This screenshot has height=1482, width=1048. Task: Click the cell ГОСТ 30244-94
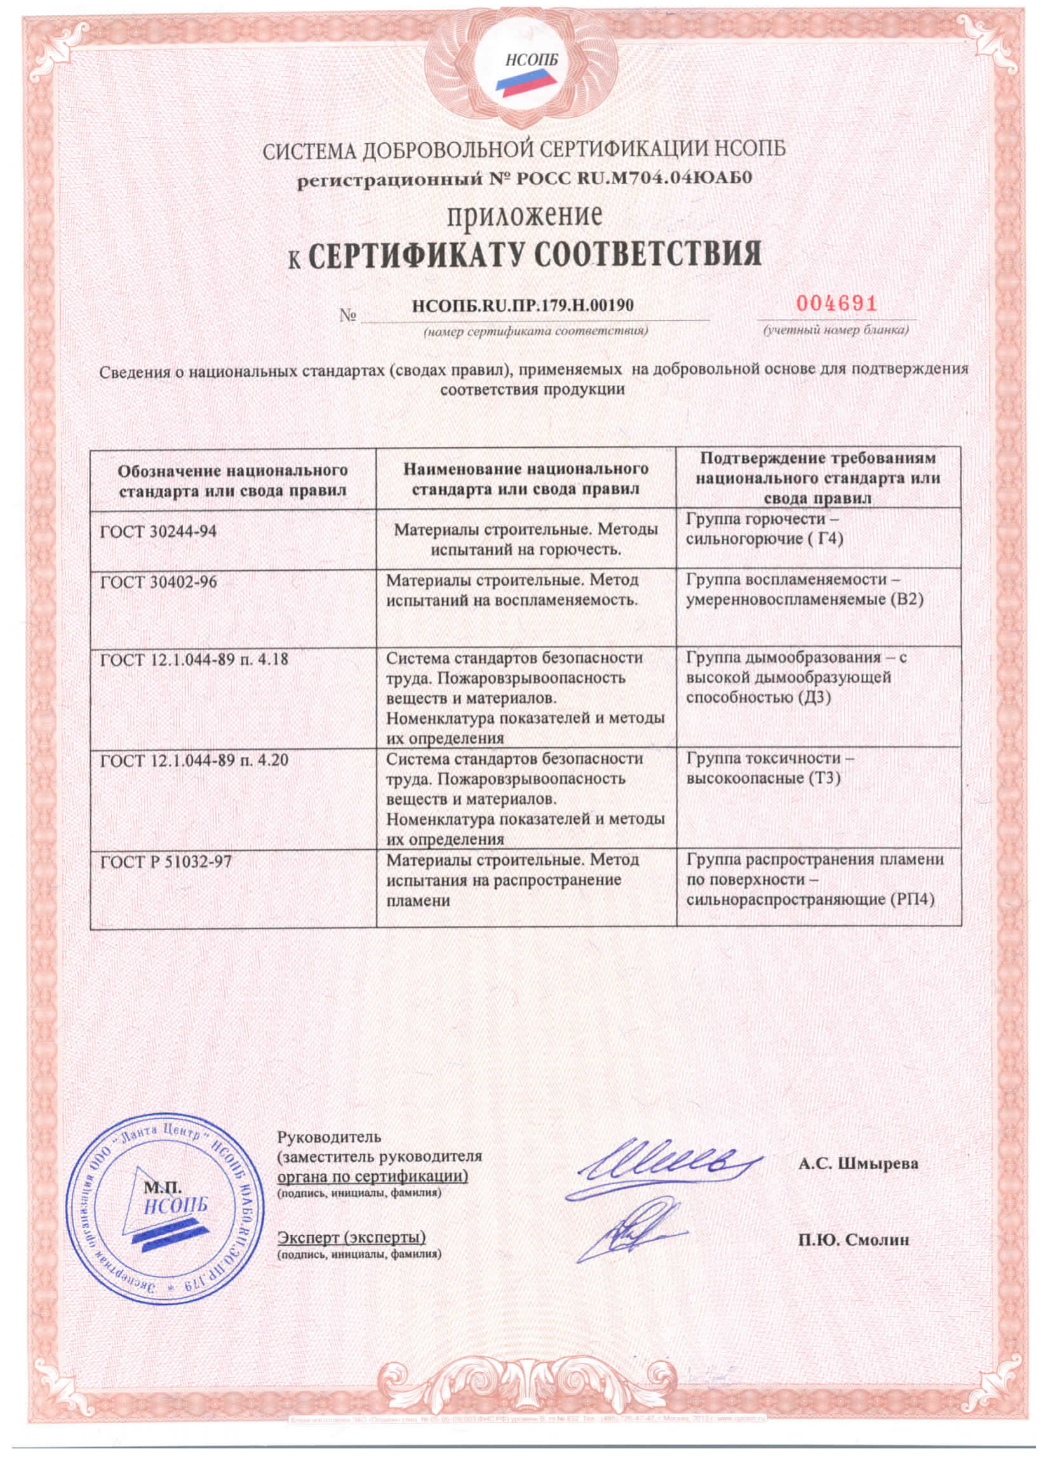[x=159, y=531]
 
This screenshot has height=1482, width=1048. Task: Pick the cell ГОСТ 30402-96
[x=159, y=582]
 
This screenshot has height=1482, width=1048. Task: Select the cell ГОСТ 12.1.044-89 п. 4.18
[x=194, y=659]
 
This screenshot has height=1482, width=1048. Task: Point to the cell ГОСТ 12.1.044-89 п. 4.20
[x=194, y=759]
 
